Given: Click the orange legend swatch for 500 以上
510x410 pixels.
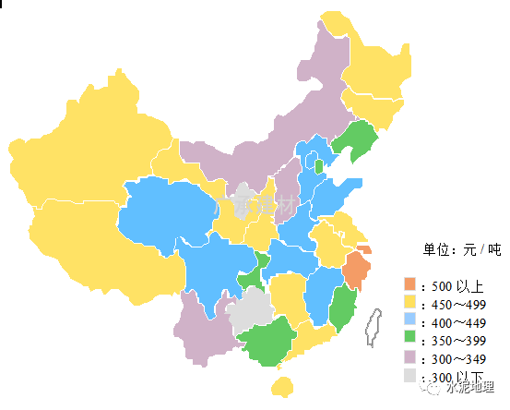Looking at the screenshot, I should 410,283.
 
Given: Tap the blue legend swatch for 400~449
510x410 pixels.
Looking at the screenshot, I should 410,320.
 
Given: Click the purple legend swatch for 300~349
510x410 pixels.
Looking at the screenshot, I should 410,357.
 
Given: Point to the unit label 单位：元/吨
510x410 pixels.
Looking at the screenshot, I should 461,249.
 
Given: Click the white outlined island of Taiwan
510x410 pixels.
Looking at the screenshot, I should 374,328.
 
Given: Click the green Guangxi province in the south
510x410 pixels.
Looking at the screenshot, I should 267,344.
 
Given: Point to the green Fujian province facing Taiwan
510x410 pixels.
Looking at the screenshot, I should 342,307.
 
